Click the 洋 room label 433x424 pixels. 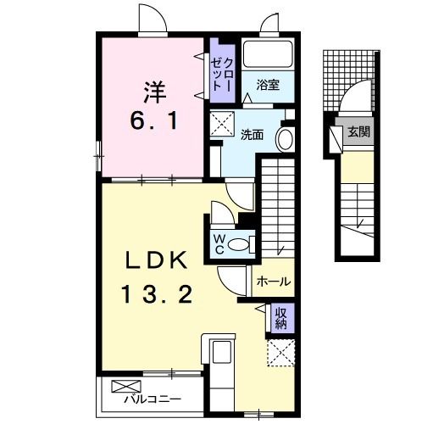[153, 88]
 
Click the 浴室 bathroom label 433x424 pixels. [269, 83]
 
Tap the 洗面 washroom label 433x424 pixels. [252, 135]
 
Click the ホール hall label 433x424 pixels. [273, 282]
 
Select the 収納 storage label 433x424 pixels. [280, 319]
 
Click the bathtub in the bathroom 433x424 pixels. [267, 55]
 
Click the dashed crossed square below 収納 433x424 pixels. [280, 351]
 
